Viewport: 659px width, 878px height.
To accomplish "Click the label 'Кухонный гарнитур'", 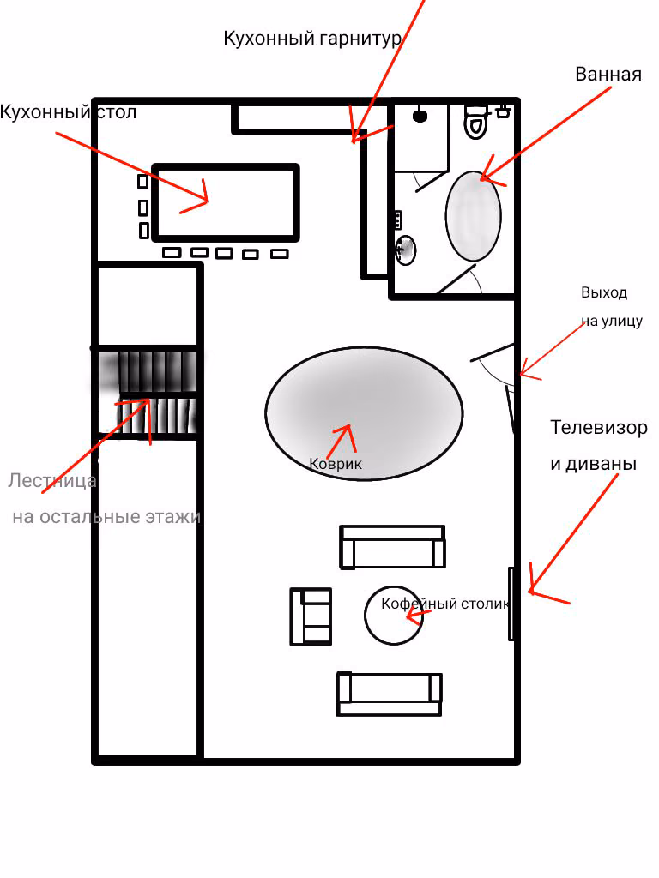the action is coord(312,39).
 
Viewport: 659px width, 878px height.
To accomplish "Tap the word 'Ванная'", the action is coord(608,75).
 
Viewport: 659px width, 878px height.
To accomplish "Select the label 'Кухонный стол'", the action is coord(68,112).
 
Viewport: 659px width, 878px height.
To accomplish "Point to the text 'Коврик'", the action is coord(336,464).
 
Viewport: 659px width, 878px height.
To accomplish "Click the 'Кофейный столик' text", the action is coord(445,604).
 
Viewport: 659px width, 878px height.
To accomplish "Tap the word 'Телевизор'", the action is coord(598,427).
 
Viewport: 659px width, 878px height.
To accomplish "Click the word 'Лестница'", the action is coord(52,481).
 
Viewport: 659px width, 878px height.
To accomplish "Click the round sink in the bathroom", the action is coord(406,250).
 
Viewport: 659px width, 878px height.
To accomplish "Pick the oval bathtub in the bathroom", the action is coord(474,216).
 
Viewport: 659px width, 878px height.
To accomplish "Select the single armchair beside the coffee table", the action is coord(311,616).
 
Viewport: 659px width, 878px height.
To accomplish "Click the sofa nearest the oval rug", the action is coord(392,546).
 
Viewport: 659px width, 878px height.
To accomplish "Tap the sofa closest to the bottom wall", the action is coord(389,695).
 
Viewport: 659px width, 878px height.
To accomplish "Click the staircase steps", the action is coord(148,392).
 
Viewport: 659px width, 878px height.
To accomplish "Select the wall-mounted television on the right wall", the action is coord(511,604).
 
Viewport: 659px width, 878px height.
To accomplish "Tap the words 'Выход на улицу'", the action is coord(611,306).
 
